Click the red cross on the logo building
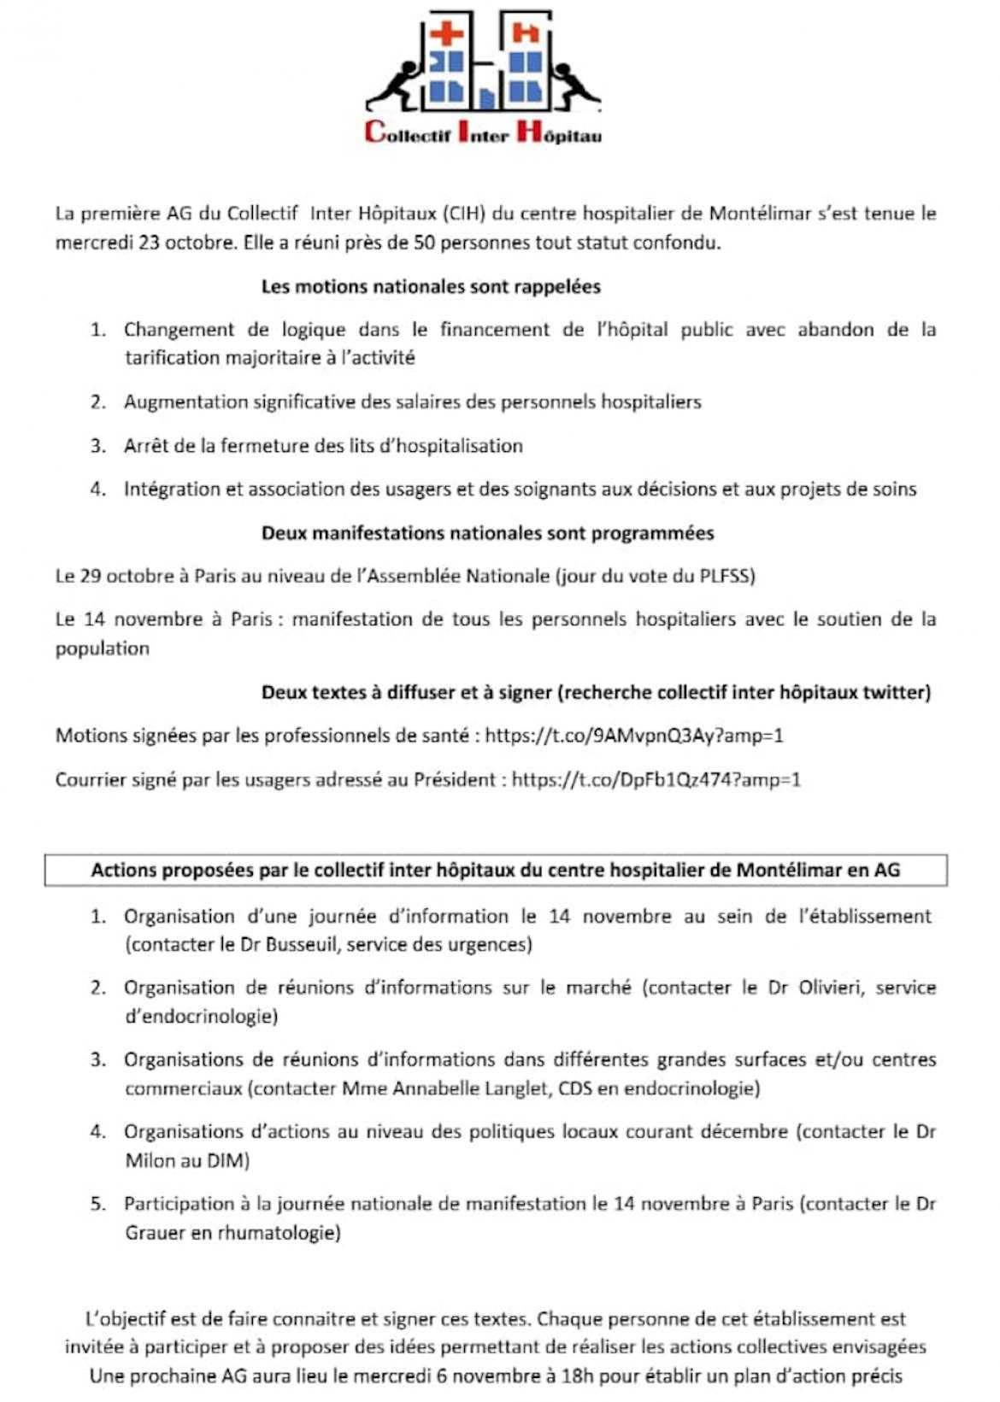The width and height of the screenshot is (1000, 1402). (x=445, y=35)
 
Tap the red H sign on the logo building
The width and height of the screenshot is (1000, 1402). (x=525, y=33)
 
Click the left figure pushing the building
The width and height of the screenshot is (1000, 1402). (x=396, y=84)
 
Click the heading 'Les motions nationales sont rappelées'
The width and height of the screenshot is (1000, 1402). (x=431, y=287)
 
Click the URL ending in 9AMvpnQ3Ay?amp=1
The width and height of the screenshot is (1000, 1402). (x=634, y=736)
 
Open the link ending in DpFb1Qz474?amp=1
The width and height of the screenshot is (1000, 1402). (x=656, y=780)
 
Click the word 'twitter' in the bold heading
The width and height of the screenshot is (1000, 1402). (x=897, y=693)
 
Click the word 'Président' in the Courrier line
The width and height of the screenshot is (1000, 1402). (x=455, y=780)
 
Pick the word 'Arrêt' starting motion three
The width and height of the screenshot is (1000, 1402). (x=146, y=446)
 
